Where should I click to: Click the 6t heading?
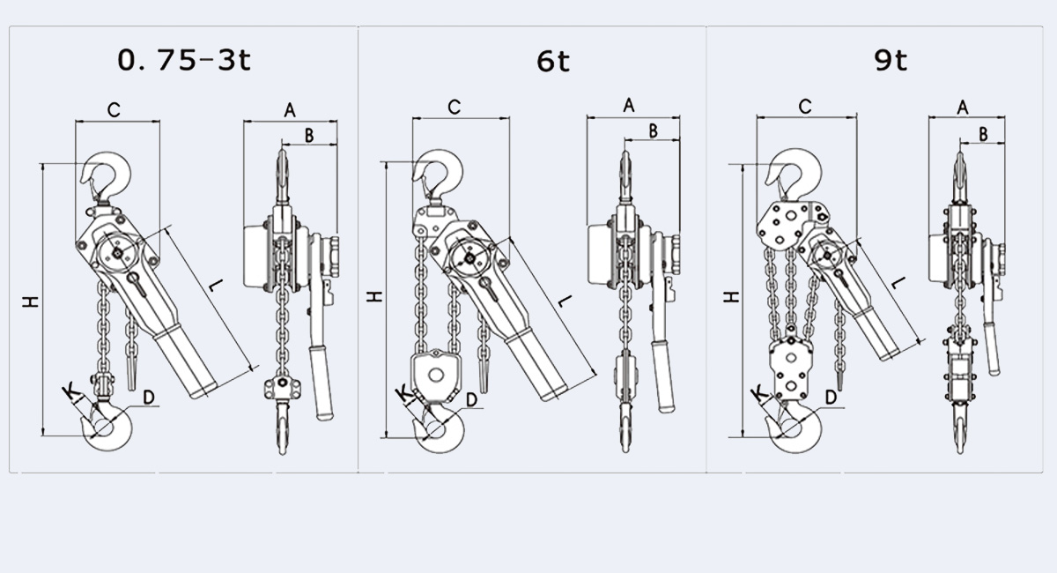click(x=553, y=61)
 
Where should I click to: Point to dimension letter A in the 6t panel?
click(x=629, y=106)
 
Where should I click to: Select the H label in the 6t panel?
click(x=375, y=296)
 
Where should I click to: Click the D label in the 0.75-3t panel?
click(x=149, y=398)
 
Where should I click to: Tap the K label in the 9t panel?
click(x=758, y=392)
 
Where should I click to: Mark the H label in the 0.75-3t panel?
click(x=32, y=301)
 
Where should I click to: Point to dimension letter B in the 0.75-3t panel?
click(x=308, y=134)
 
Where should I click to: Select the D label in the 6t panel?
click(x=472, y=399)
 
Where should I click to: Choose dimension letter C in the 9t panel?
click(x=804, y=107)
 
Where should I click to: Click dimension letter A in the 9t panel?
click(x=963, y=107)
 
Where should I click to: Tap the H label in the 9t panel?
click(x=731, y=297)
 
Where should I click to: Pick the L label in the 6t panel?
click(x=564, y=301)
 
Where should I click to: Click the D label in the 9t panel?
click(x=832, y=398)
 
